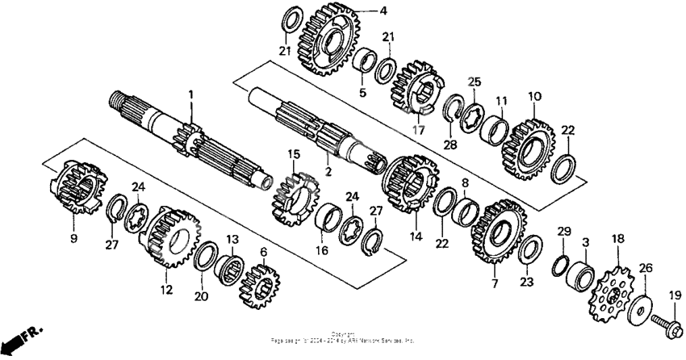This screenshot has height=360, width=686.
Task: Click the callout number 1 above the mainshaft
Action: click(192, 95)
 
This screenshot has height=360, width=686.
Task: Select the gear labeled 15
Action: click(295, 197)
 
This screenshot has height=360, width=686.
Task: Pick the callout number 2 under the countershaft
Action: click(328, 172)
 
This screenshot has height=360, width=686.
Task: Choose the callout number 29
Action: click(564, 232)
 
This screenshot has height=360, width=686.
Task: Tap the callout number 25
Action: click(474, 82)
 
